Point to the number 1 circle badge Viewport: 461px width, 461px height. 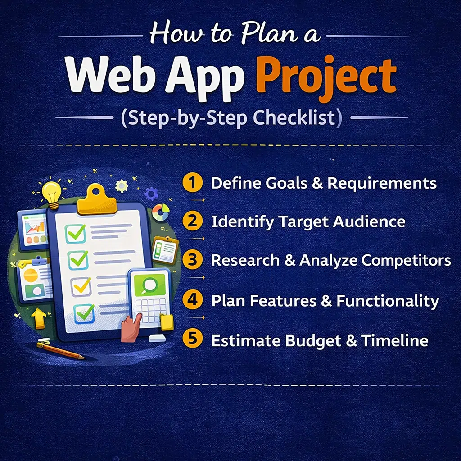[x=193, y=183]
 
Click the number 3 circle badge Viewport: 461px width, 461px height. [x=193, y=260]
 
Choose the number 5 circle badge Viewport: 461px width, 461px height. [x=193, y=339]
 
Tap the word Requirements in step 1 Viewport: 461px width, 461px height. [x=382, y=184]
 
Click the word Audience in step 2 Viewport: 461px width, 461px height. [x=369, y=221]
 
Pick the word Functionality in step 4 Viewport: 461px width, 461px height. [x=388, y=301]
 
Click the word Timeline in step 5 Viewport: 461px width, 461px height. [x=394, y=340]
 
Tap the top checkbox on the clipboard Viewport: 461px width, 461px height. [x=76, y=234]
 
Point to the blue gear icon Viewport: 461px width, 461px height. [x=151, y=194]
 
